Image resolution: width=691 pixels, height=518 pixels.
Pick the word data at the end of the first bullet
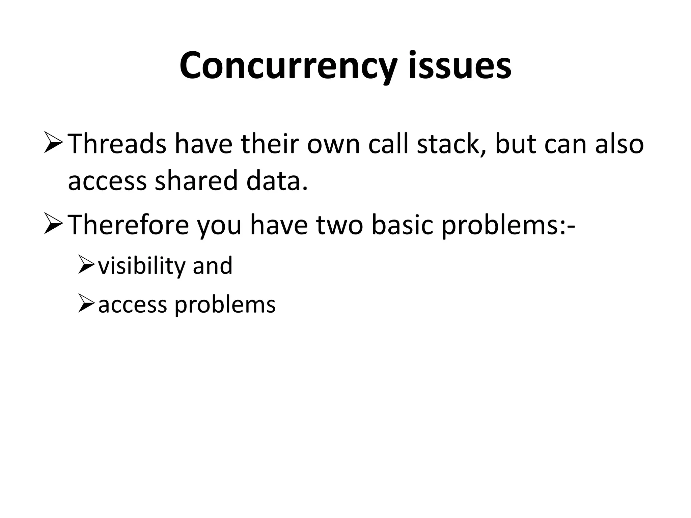[x=277, y=181]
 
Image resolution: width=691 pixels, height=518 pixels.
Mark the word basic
[x=402, y=225]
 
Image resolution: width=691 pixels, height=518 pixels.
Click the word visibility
[x=142, y=266]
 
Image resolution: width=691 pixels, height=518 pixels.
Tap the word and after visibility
[x=213, y=266]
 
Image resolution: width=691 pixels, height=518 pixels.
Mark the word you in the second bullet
[x=219, y=225]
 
